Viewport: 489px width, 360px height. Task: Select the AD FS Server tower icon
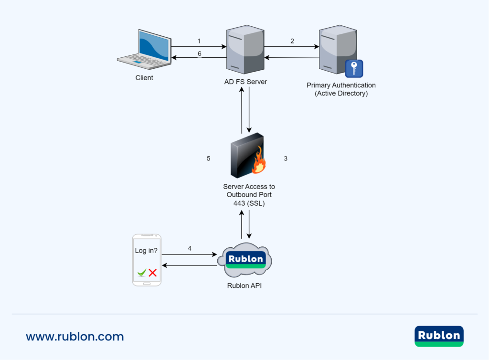pos(245,50)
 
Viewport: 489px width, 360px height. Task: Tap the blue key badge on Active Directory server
pos(354,68)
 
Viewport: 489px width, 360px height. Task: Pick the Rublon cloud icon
pos(245,261)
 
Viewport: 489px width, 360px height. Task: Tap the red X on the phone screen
pos(153,273)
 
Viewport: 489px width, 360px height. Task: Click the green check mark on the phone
pos(141,273)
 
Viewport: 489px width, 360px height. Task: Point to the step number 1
pos(199,41)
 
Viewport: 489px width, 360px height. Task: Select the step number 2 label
pos(292,41)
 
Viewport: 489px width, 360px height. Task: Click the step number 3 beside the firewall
pos(286,159)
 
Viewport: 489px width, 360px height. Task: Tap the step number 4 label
pos(190,248)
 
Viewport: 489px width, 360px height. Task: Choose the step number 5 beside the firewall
pos(208,159)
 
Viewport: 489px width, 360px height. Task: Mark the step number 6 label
pos(200,54)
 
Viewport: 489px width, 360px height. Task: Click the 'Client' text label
pos(144,77)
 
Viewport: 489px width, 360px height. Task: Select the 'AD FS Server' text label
pos(245,82)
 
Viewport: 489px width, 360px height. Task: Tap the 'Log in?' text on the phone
pos(147,250)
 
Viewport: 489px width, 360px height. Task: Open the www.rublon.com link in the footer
pos(75,337)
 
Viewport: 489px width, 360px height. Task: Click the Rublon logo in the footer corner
pos(439,336)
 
